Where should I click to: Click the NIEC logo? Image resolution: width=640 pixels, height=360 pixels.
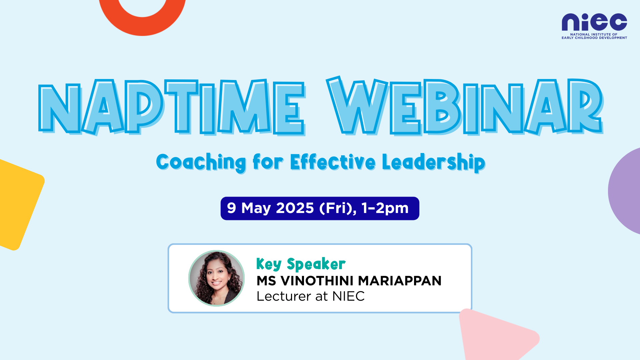[x=594, y=26]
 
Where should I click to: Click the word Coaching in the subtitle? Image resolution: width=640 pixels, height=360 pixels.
[x=201, y=163]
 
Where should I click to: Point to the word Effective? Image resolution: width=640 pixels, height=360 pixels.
[x=333, y=162]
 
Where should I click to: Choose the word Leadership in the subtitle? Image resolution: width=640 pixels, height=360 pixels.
[x=434, y=162]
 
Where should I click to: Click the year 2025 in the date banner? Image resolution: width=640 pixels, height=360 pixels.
[x=295, y=208]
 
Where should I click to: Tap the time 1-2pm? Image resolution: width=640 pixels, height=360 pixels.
[x=385, y=208]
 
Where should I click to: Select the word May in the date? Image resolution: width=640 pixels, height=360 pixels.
[x=256, y=209]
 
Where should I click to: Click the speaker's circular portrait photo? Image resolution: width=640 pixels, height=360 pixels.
[x=217, y=278]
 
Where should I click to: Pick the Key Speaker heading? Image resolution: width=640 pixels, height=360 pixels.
[x=301, y=264]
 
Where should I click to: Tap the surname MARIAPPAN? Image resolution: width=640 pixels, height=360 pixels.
[x=400, y=281]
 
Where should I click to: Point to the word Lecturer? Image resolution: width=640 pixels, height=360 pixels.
[x=284, y=296]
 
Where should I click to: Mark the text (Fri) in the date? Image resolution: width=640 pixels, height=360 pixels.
[x=336, y=209]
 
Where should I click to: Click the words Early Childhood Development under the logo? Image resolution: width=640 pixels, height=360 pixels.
[x=594, y=38]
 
